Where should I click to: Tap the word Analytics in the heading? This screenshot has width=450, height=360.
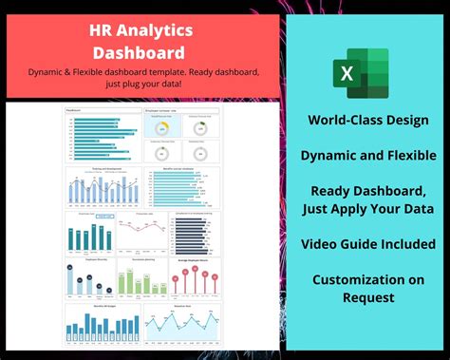(160, 32)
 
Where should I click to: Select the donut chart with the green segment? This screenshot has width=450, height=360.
(199, 128)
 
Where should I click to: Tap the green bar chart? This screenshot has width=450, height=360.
(142, 278)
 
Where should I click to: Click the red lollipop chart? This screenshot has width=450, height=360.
(195, 278)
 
